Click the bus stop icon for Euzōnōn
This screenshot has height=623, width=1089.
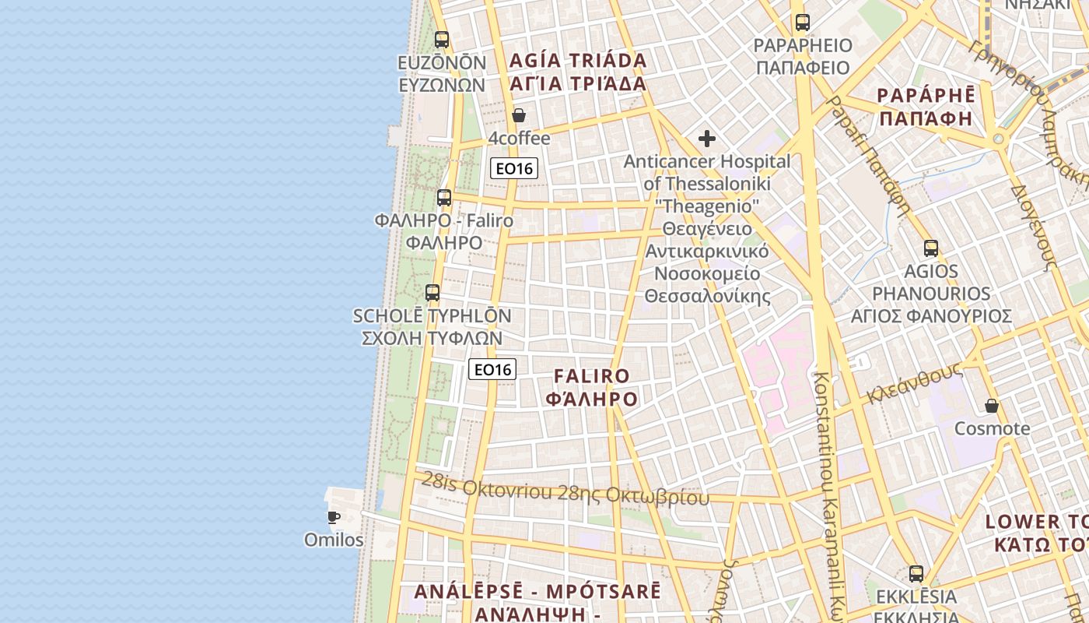click(x=442, y=39)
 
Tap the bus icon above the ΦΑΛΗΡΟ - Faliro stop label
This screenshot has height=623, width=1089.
click(x=444, y=198)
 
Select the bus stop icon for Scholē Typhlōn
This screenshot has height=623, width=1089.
click(x=432, y=293)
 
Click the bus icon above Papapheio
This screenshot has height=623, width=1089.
click(x=803, y=23)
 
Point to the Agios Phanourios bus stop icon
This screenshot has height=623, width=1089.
click(x=931, y=248)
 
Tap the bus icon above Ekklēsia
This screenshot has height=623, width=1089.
click(x=916, y=574)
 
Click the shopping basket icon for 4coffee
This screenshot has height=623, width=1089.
click(x=519, y=116)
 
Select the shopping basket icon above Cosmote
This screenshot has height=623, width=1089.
click(x=992, y=406)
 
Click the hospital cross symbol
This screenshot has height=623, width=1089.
click(x=706, y=139)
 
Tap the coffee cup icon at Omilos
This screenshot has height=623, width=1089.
click(x=334, y=517)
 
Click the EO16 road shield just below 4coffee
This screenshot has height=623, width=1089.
click(x=514, y=168)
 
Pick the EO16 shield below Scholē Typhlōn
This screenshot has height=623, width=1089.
click(x=492, y=369)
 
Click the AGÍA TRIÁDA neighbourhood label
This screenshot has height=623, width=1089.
click(x=578, y=61)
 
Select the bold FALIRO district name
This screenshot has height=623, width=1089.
click(x=592, y=376)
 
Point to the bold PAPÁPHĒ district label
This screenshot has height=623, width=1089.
click(x=926, y=96)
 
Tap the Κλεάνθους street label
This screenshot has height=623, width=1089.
click(x=916, y=383)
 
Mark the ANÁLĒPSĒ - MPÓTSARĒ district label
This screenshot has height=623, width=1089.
click(x=537, y=591)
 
